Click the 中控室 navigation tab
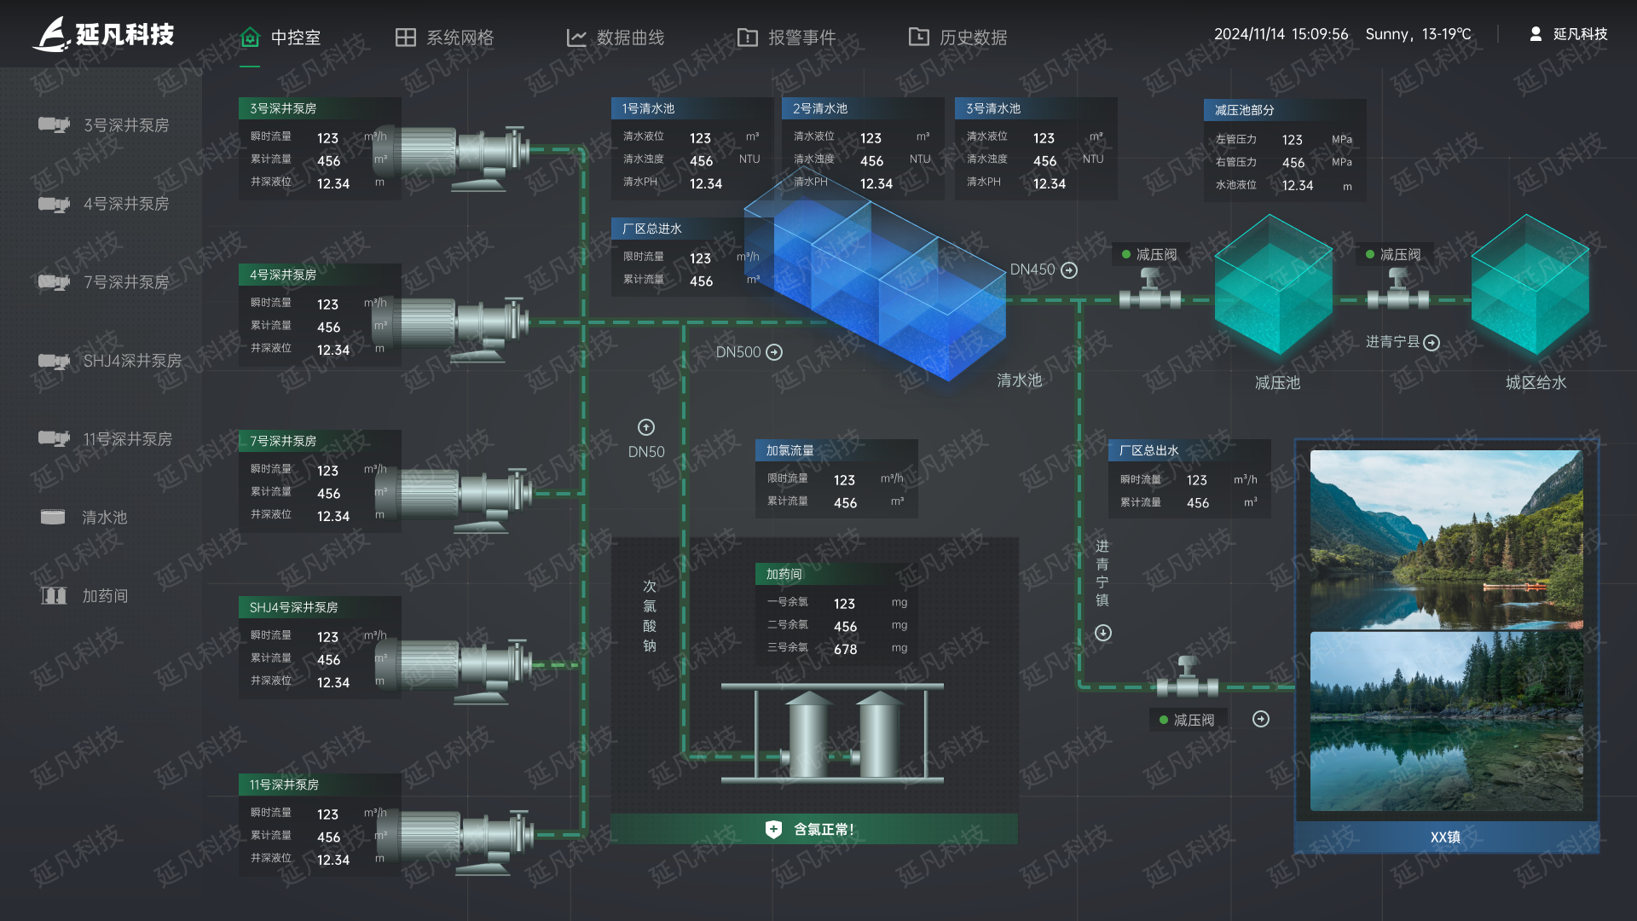281,38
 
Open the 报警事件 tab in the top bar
786,38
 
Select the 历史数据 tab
957,38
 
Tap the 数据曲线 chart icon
576,38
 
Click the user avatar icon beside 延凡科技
1536,34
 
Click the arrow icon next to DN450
1069,270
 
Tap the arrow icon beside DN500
774,352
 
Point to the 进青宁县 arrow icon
1432,343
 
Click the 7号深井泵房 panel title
283,441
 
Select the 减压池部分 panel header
1244,110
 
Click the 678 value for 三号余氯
845,650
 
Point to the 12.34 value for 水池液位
1297,186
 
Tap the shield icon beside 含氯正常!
773,829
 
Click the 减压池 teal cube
1273,285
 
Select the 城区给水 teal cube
1530,285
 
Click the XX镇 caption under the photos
1445,837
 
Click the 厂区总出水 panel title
1148,450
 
